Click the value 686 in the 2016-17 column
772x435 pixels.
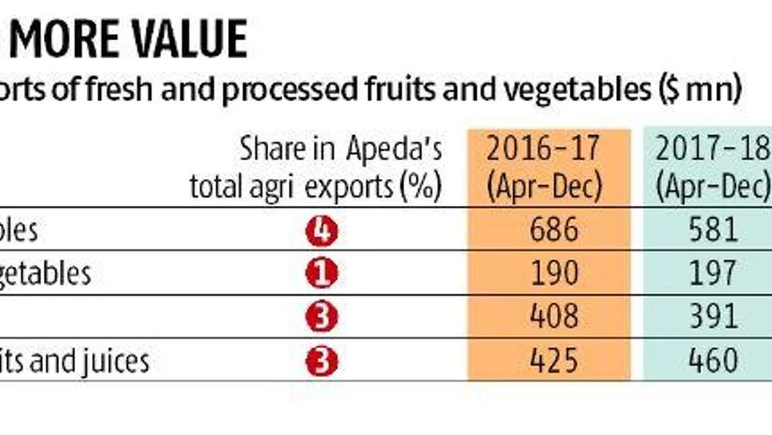coord(542,230)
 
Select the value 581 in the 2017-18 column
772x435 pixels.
coord(711,230)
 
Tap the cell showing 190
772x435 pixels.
coord(542,274)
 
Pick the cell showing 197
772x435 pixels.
coord(711,274)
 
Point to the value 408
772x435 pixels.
coord(542,318)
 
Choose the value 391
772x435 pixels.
coord(711,318)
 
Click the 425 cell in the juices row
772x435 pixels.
coord(542,361)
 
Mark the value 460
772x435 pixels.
coord(711,361)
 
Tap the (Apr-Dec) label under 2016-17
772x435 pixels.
coord(542,187)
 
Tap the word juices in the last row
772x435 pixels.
coord(118,361)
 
